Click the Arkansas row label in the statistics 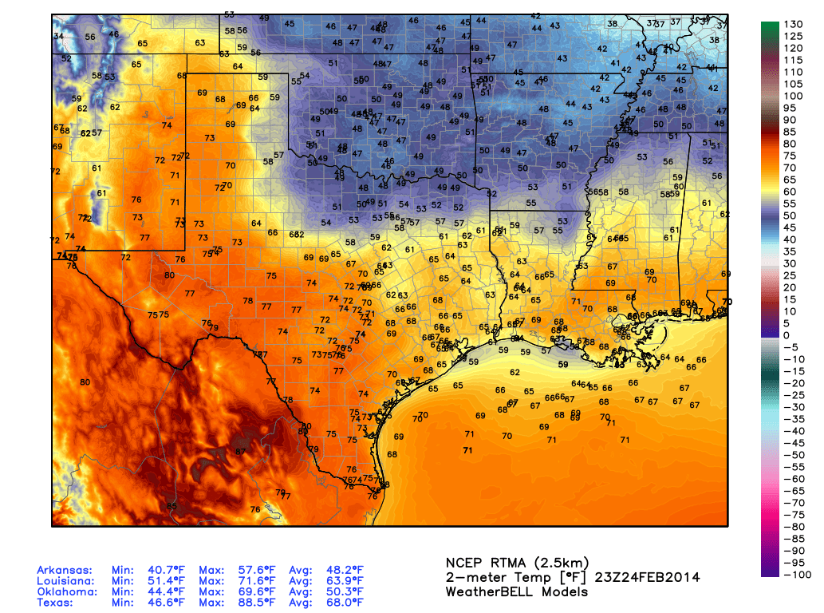click(65, 570)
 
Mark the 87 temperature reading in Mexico click(240, 453)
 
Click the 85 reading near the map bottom click(172, 506)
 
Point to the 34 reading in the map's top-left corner click(59, 37)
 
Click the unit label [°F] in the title click(582, 577)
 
